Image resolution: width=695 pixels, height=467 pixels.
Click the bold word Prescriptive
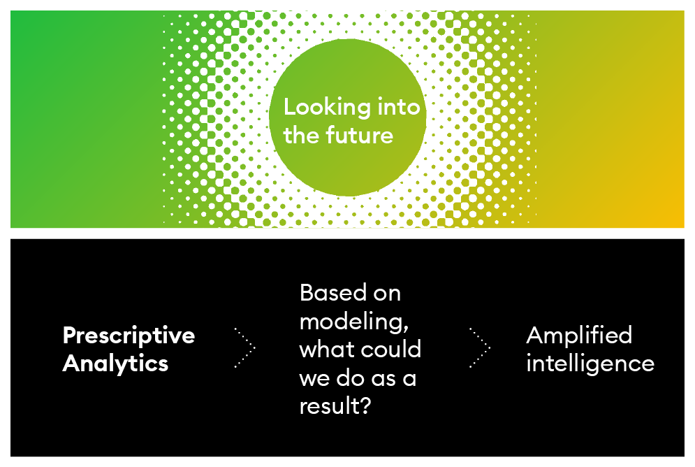[129, 336]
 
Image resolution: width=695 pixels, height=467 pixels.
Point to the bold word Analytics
[115, 364]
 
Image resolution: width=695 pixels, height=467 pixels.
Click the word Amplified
[579, 336]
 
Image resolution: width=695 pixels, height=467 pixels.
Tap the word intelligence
[590, 364]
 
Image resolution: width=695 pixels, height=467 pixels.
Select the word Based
[333, 293]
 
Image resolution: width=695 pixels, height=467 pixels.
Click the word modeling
[351, 321]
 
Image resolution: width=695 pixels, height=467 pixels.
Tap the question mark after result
[365, 405]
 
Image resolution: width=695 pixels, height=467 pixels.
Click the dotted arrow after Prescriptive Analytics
[245, 348]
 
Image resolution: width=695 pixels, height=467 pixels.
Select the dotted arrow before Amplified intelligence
[480, 348]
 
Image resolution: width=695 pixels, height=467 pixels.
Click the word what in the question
[327, 350]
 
